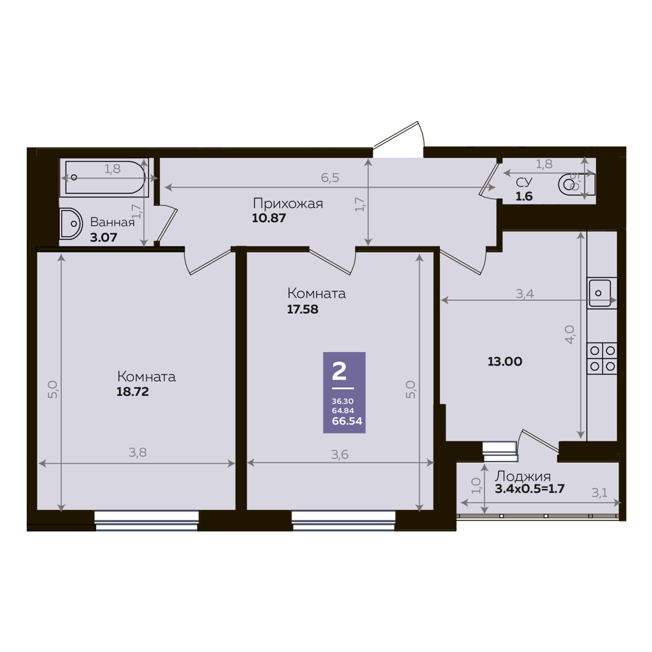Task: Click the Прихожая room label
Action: point(288,204)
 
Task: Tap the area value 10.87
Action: point(269,218)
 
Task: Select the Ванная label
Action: point(112,222)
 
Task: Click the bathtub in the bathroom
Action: point(104,178)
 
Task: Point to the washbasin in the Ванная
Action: point(70,223)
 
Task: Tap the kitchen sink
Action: point(599,293)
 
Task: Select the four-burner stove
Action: point(602,358)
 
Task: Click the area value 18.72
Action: point(132,392)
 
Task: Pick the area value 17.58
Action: point(302,309)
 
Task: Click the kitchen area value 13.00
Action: point(505,362)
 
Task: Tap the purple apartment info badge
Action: point(344,392)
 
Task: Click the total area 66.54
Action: point(347,422)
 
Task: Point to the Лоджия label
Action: point(523,476)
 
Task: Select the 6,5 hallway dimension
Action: point(330,178)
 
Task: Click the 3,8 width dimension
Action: point(138,453)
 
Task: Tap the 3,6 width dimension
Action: point(340,455)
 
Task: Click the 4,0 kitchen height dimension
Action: point(570,335)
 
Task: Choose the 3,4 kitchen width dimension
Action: point(525,294)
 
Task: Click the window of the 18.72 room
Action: point(146,521)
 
